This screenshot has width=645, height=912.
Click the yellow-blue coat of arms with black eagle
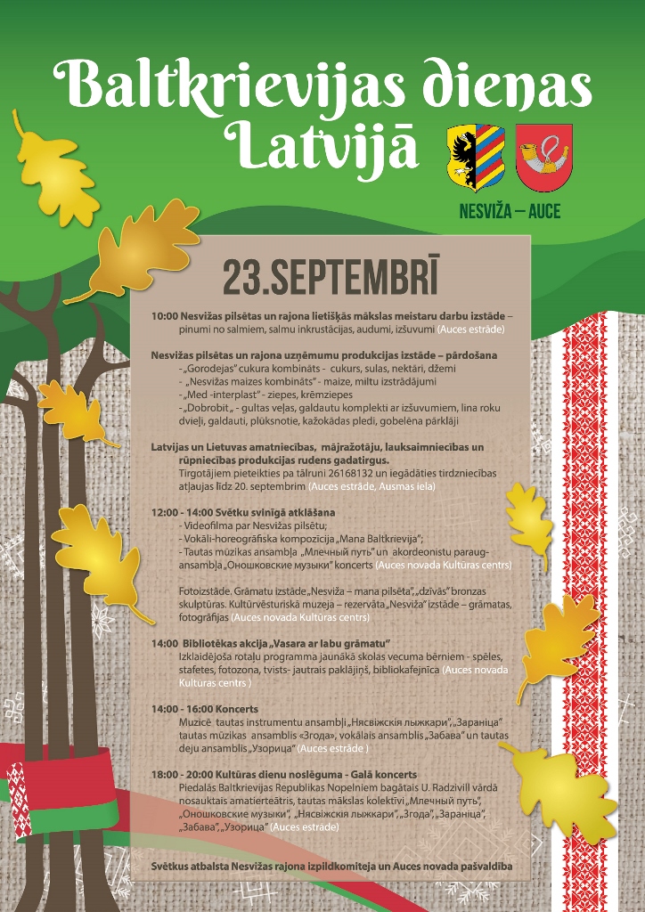tap(475, 158)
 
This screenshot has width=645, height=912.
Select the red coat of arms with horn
tap(543, 157)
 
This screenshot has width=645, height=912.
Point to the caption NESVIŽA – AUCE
tap(510, 212)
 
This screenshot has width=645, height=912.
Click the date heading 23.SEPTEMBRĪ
tap(331, 278)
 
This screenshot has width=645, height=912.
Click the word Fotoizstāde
tap(205, 591)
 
